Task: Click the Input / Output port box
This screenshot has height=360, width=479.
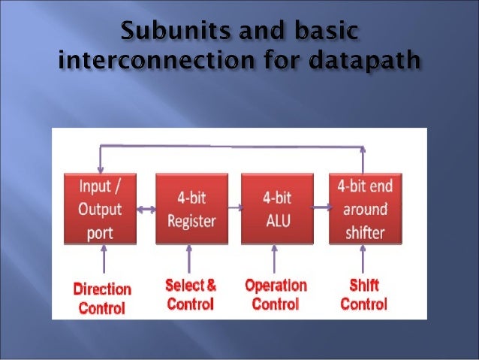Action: [101, 208]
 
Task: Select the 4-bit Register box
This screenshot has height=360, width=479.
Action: [191, 210]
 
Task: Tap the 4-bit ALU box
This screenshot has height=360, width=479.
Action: [276, 210]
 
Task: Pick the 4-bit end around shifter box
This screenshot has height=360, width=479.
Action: [364, 208]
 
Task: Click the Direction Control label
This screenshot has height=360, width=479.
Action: [101, 298]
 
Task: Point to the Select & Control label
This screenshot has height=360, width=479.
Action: [191, 295]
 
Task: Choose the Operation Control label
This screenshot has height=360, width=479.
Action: [276, 295]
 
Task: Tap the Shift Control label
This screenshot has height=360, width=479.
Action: [364, 295]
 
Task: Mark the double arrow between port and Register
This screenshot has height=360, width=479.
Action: [146, 210]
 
